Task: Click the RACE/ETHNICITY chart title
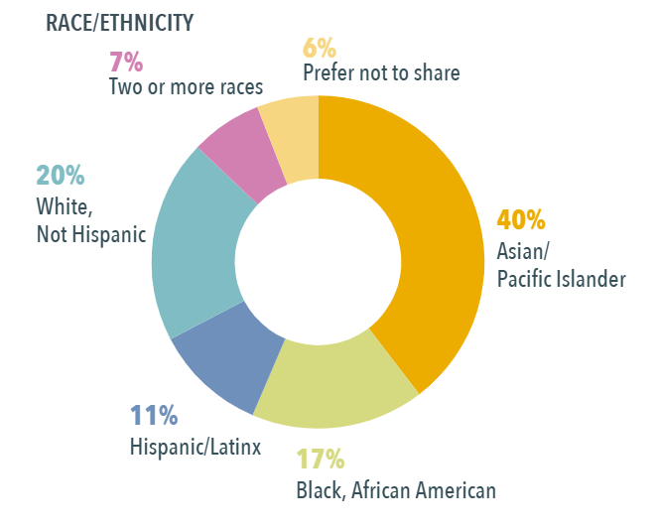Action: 120,23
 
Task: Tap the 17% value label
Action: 321,460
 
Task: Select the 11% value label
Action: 154,416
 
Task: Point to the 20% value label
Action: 61,177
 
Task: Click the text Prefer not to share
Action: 381,72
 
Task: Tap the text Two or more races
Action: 186,87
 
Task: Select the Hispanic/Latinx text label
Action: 195,447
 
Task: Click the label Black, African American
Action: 396,489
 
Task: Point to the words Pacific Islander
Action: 561,279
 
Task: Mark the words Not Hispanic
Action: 91,234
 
